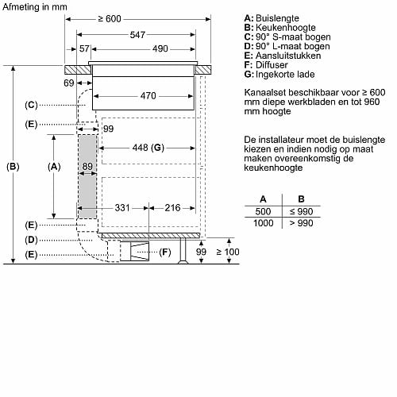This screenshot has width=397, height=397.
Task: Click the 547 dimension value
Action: [x=137, y=35]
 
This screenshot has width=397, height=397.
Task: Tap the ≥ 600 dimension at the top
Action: [x=110, y=19]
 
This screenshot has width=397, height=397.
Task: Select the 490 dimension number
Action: [x=160, y=48]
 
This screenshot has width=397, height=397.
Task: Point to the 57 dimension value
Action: [x=84, y=48]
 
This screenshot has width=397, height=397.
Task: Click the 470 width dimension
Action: [x=148, y=95]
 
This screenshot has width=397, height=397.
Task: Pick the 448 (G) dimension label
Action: [x=148, y=148]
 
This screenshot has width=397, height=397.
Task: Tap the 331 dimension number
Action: [x=122, y=208]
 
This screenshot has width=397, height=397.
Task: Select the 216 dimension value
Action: [x=172, y=208]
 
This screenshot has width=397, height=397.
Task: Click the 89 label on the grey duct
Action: [x=87, y=166]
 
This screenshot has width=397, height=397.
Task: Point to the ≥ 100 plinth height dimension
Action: [x=228, y=252]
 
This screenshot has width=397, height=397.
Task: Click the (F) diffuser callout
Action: [x=165, y=252]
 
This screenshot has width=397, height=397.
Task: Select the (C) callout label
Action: [x=31, y=105]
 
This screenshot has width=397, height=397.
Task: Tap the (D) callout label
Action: [x=31, y=240]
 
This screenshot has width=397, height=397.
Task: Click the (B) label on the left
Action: [x=13, y=167]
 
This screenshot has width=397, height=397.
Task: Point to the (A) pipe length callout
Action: [x=54, y=167]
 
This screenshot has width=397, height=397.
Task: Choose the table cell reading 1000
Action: [x=264, y=223]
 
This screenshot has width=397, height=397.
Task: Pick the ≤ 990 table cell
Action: [x=301, y=211]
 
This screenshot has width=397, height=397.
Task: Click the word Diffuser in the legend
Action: [x=272, y=65]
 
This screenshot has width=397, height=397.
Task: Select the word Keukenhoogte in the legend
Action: [x=286, y=28]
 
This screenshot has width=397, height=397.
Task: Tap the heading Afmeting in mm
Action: [x=35, y=7]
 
